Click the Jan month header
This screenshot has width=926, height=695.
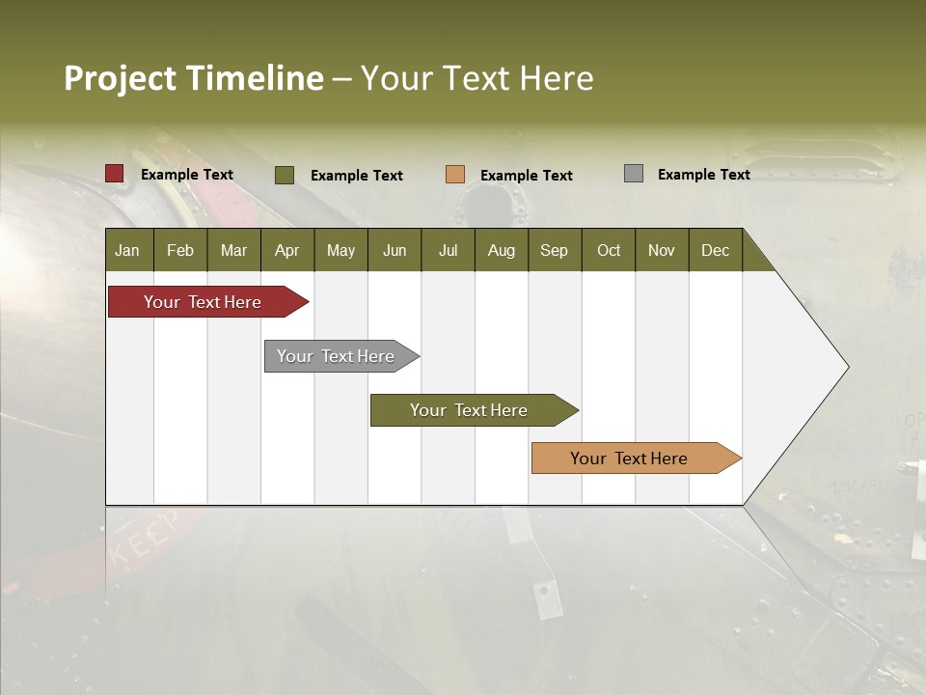tap(128, 250)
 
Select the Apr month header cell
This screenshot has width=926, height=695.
tap(287, 250)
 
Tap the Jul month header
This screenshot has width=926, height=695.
tap(448, 250)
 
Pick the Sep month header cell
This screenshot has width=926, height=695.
tap(555, 250)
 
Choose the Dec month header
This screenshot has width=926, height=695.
tap(715, 250)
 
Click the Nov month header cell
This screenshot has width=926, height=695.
tap(662, 250)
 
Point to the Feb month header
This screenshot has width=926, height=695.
tap(180, 250)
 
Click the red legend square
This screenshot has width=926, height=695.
tap(115, 174)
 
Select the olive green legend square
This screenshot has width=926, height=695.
tap(285, 175)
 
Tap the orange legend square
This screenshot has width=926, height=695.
tap(455, 175)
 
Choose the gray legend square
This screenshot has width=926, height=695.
tap(634, 174)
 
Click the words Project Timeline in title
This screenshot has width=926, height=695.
tap(194, 78)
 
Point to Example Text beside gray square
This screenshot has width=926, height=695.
tap(703, 175)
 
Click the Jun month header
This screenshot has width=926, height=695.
tap(395, 250)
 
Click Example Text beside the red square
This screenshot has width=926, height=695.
tap(187, 175)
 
